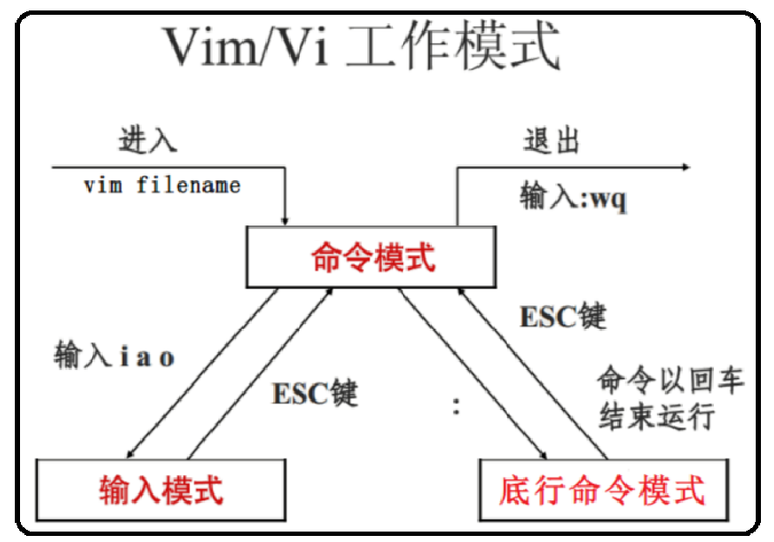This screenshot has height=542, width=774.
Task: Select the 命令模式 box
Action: [x=373, y=258]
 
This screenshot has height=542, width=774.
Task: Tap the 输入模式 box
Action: [x=161, y=489]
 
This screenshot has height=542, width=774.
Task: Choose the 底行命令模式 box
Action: [x=602, y=489]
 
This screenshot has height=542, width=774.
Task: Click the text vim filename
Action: [x=162, y=185]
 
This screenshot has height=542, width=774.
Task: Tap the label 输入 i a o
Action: [x=114, y=357]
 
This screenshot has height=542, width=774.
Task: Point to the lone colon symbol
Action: [x=456, y=405]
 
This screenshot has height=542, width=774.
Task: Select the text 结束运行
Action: [x=656, y=417]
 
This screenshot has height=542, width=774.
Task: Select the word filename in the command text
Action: [x=188, y=185]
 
